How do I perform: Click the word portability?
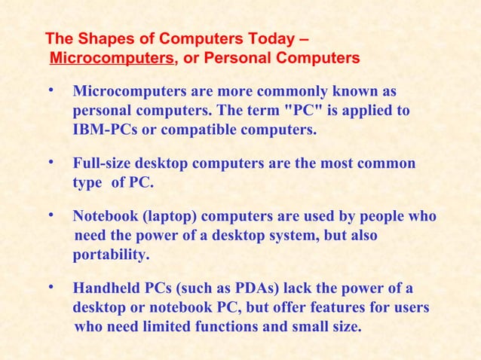coord(111,255)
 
